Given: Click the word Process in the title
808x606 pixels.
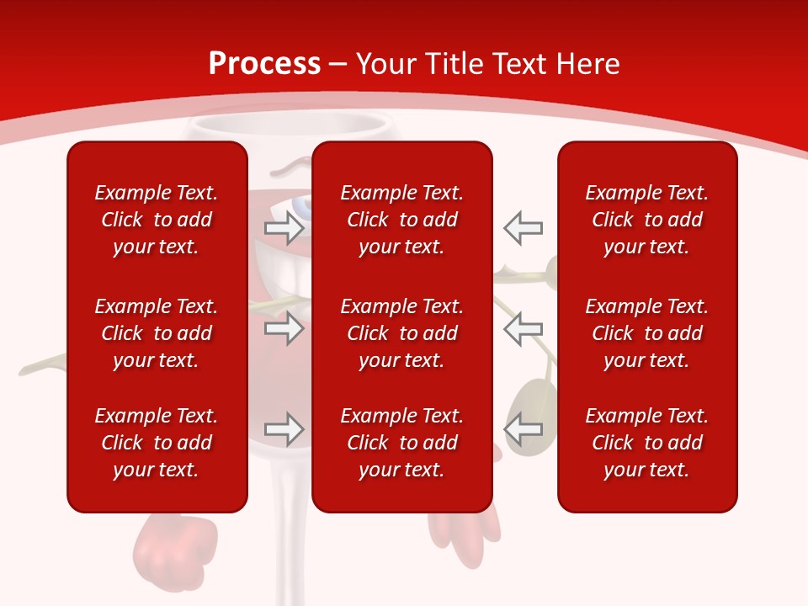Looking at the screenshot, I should pos(264,64).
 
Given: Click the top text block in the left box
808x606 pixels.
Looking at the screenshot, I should pos(157,220).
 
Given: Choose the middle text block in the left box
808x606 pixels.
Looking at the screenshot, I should pos(157,333).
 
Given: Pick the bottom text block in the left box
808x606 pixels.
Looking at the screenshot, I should pos(157,443).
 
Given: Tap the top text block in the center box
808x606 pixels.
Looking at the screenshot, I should pos(401,220).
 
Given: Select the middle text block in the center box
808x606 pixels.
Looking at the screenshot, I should pos(401,333).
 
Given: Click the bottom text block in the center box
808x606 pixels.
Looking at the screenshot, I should pos(401,443).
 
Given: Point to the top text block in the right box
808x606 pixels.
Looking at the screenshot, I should pos(646,220).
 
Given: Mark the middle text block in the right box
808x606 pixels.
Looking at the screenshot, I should pos(646,333).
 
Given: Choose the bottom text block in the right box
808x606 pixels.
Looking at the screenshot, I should pos(646,443).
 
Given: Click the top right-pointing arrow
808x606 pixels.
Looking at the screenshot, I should pos(284,227).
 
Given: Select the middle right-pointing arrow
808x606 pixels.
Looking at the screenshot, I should pos(284,328).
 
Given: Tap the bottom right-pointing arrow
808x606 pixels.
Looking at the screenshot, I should pos(284,428).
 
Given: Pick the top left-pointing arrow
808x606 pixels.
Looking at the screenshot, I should pos(524,227).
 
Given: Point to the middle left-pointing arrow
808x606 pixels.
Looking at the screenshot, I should pos(524,328).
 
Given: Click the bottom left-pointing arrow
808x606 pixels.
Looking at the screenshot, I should pos(524,428).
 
